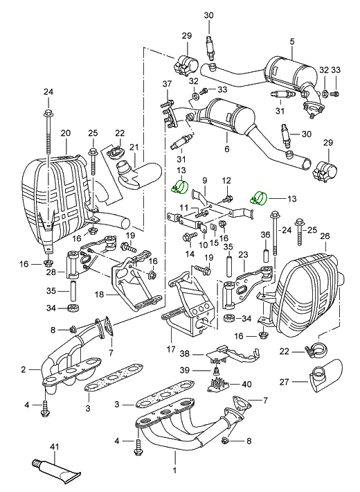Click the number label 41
54,446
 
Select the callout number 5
292,42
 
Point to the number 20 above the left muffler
66,133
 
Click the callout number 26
325,236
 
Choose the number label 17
171,349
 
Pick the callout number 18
99,295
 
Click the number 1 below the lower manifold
174,471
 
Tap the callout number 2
24,369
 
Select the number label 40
246,384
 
